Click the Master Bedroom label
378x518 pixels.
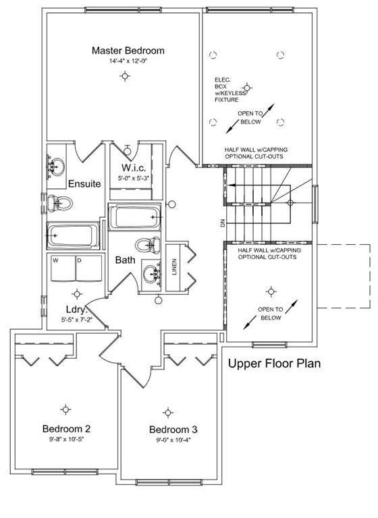coord(128,51)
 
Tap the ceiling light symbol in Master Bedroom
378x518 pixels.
coord(125,76)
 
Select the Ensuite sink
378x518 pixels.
coord(56,165)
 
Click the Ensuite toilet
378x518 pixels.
coord(60,203)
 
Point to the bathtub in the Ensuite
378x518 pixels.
coord(73,235)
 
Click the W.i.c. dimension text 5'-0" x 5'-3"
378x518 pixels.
coord(134,178)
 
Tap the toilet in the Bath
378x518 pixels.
coord(148,245)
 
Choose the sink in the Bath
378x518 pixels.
coord(152,273)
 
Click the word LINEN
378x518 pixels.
coord(174,266)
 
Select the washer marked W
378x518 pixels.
coord(63,268)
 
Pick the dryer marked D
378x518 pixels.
coord(89,268)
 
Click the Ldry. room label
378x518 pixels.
coord(76,310)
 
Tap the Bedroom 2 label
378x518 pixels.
coord(66,429)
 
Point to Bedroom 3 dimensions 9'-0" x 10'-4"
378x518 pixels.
coord(173,440)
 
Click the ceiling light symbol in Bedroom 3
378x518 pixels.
coord(168,413)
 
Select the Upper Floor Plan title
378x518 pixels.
coord(274,364)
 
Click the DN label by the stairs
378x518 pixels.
coord(222,223)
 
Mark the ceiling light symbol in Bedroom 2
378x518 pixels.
coord(65,409)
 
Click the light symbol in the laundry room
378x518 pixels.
coord(77,293)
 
